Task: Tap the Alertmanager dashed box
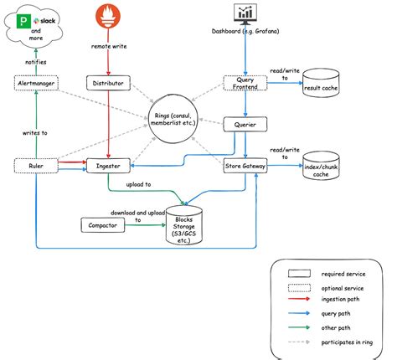point(37,83)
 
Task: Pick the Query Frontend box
point(245,83)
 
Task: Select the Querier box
point(245,125)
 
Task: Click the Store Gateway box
point(245,167)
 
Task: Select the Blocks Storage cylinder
point(188,225)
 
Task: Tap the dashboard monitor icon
point(245,13)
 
